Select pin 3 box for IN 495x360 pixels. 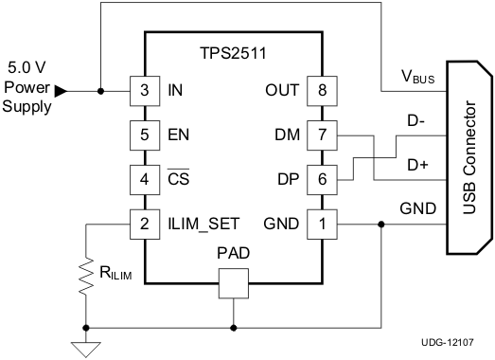click(143, 91)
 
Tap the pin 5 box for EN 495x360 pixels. click(143, 135)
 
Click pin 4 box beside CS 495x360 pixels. click(143, 178)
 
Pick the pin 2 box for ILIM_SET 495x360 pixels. click(143, 224)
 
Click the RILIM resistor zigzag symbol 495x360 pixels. click(86, 276)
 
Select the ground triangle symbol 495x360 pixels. click(86, 348)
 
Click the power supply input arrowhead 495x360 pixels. click(62, 91)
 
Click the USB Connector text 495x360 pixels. click(468, 157)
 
